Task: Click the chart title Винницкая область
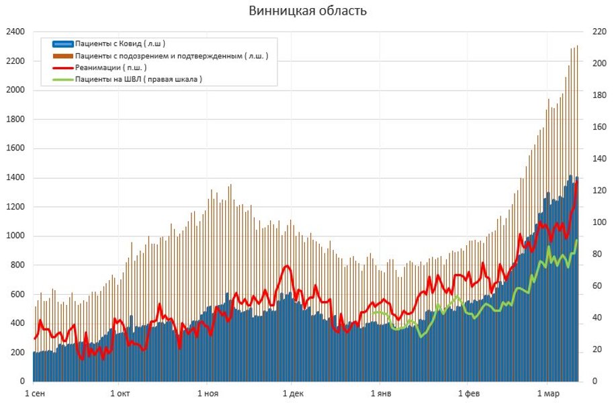(308, 11)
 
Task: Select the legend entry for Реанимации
(111, 68)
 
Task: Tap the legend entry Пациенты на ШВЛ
(138, 79)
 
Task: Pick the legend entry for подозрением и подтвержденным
(171, 56)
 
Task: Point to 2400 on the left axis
(15, 32)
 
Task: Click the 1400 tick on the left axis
(15, 178)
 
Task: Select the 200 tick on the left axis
(17, 353)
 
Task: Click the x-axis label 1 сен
(35, 394)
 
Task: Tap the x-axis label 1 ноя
(209, 394)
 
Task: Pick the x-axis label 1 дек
(294, 394)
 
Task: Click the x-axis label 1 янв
(380, 394)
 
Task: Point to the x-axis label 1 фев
(468, 394)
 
